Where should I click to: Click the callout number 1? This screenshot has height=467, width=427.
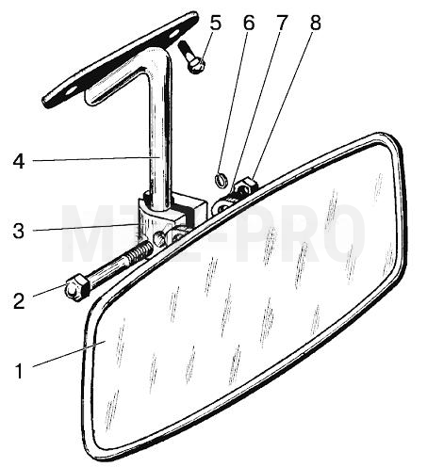tap(20, 371)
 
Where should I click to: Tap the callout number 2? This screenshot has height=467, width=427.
tap(19, 301)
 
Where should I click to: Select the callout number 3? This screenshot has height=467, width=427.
tap(19, 231)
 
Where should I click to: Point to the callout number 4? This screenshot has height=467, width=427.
tap(19, 162)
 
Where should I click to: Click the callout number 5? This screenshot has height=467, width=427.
tap(216, 23)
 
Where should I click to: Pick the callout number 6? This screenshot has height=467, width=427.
tap(249, 23)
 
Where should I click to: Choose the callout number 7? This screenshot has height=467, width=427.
tap(281, 23)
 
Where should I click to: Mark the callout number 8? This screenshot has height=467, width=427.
tap(316, 23)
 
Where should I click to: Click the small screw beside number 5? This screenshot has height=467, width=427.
tap(191, 57)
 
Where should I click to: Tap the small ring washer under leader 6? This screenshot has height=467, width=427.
tap(222, 181)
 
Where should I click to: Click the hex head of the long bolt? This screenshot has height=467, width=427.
tap(77, 286)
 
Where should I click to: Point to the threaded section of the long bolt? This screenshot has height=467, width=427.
tap(139, 251)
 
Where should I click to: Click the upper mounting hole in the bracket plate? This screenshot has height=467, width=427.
tap(175, 35)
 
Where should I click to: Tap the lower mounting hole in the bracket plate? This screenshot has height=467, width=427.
tap(71, 90)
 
